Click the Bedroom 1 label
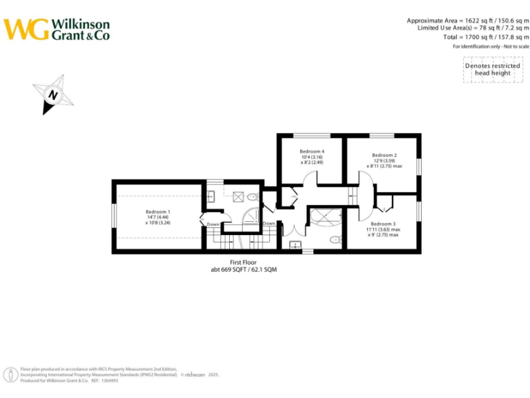point(158,211)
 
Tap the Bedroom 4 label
point(312,151)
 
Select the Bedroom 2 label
point(384,155)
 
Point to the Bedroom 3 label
point(383,224)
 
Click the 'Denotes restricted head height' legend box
point(492,69)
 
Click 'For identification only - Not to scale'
point(491,46)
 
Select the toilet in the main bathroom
point(335,240)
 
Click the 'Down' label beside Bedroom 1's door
point(213,224)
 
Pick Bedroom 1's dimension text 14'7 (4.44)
point(158,218)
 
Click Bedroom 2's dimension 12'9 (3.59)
point(384,161)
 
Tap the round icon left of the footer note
point(12,375)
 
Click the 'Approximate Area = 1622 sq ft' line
point(468,21)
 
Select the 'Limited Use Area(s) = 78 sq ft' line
point(473,28)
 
